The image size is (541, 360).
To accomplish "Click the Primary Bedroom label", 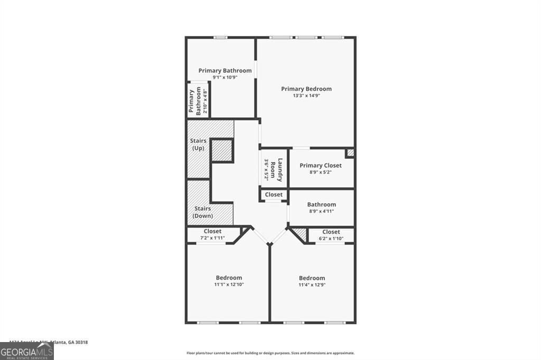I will pyautogui.click(x=306, y=89).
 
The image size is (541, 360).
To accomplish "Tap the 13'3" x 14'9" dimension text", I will pyautogui.click(x=306, y=96).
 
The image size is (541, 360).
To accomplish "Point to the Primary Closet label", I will pyautogui.click(x=320, y=165).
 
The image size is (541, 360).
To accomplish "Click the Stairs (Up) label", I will pyautogui.click(x=197, y=144).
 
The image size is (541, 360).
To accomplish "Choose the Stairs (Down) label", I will pyautogui.click(x=202, y=212).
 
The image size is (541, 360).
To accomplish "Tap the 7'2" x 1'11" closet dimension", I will pyautogui.click(x=212, y=238).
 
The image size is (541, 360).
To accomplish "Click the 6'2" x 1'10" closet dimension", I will pyautogui.click(x=331, y=239).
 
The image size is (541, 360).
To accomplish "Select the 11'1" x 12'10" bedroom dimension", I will pyautogui.click(x=229, y=285).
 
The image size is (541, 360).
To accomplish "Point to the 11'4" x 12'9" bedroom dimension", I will pyautogui.click(x=312, y=285).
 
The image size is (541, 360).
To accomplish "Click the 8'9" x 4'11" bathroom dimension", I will pyautogui.click(x=321, y=211).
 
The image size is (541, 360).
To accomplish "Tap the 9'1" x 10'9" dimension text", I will pyautogui.click(x=225, y=77).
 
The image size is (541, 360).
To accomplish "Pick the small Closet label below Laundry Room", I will pyautogui.click(x=274, y=194).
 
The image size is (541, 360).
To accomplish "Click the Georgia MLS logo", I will pyautogui.click(x=26, y=351).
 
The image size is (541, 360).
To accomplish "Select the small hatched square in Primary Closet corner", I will pyautogui.click(x=350, y=153).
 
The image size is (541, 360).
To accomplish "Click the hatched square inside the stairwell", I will pyautogui.click(x=222, y=151).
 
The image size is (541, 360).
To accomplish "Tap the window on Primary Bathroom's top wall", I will pyautogui.click(x=220, y=37).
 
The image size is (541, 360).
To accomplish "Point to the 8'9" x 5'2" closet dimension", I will pyautogui.click(x=320, y=172).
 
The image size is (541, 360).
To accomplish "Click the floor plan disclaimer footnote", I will pyautogui.click(x=270, y=353).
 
